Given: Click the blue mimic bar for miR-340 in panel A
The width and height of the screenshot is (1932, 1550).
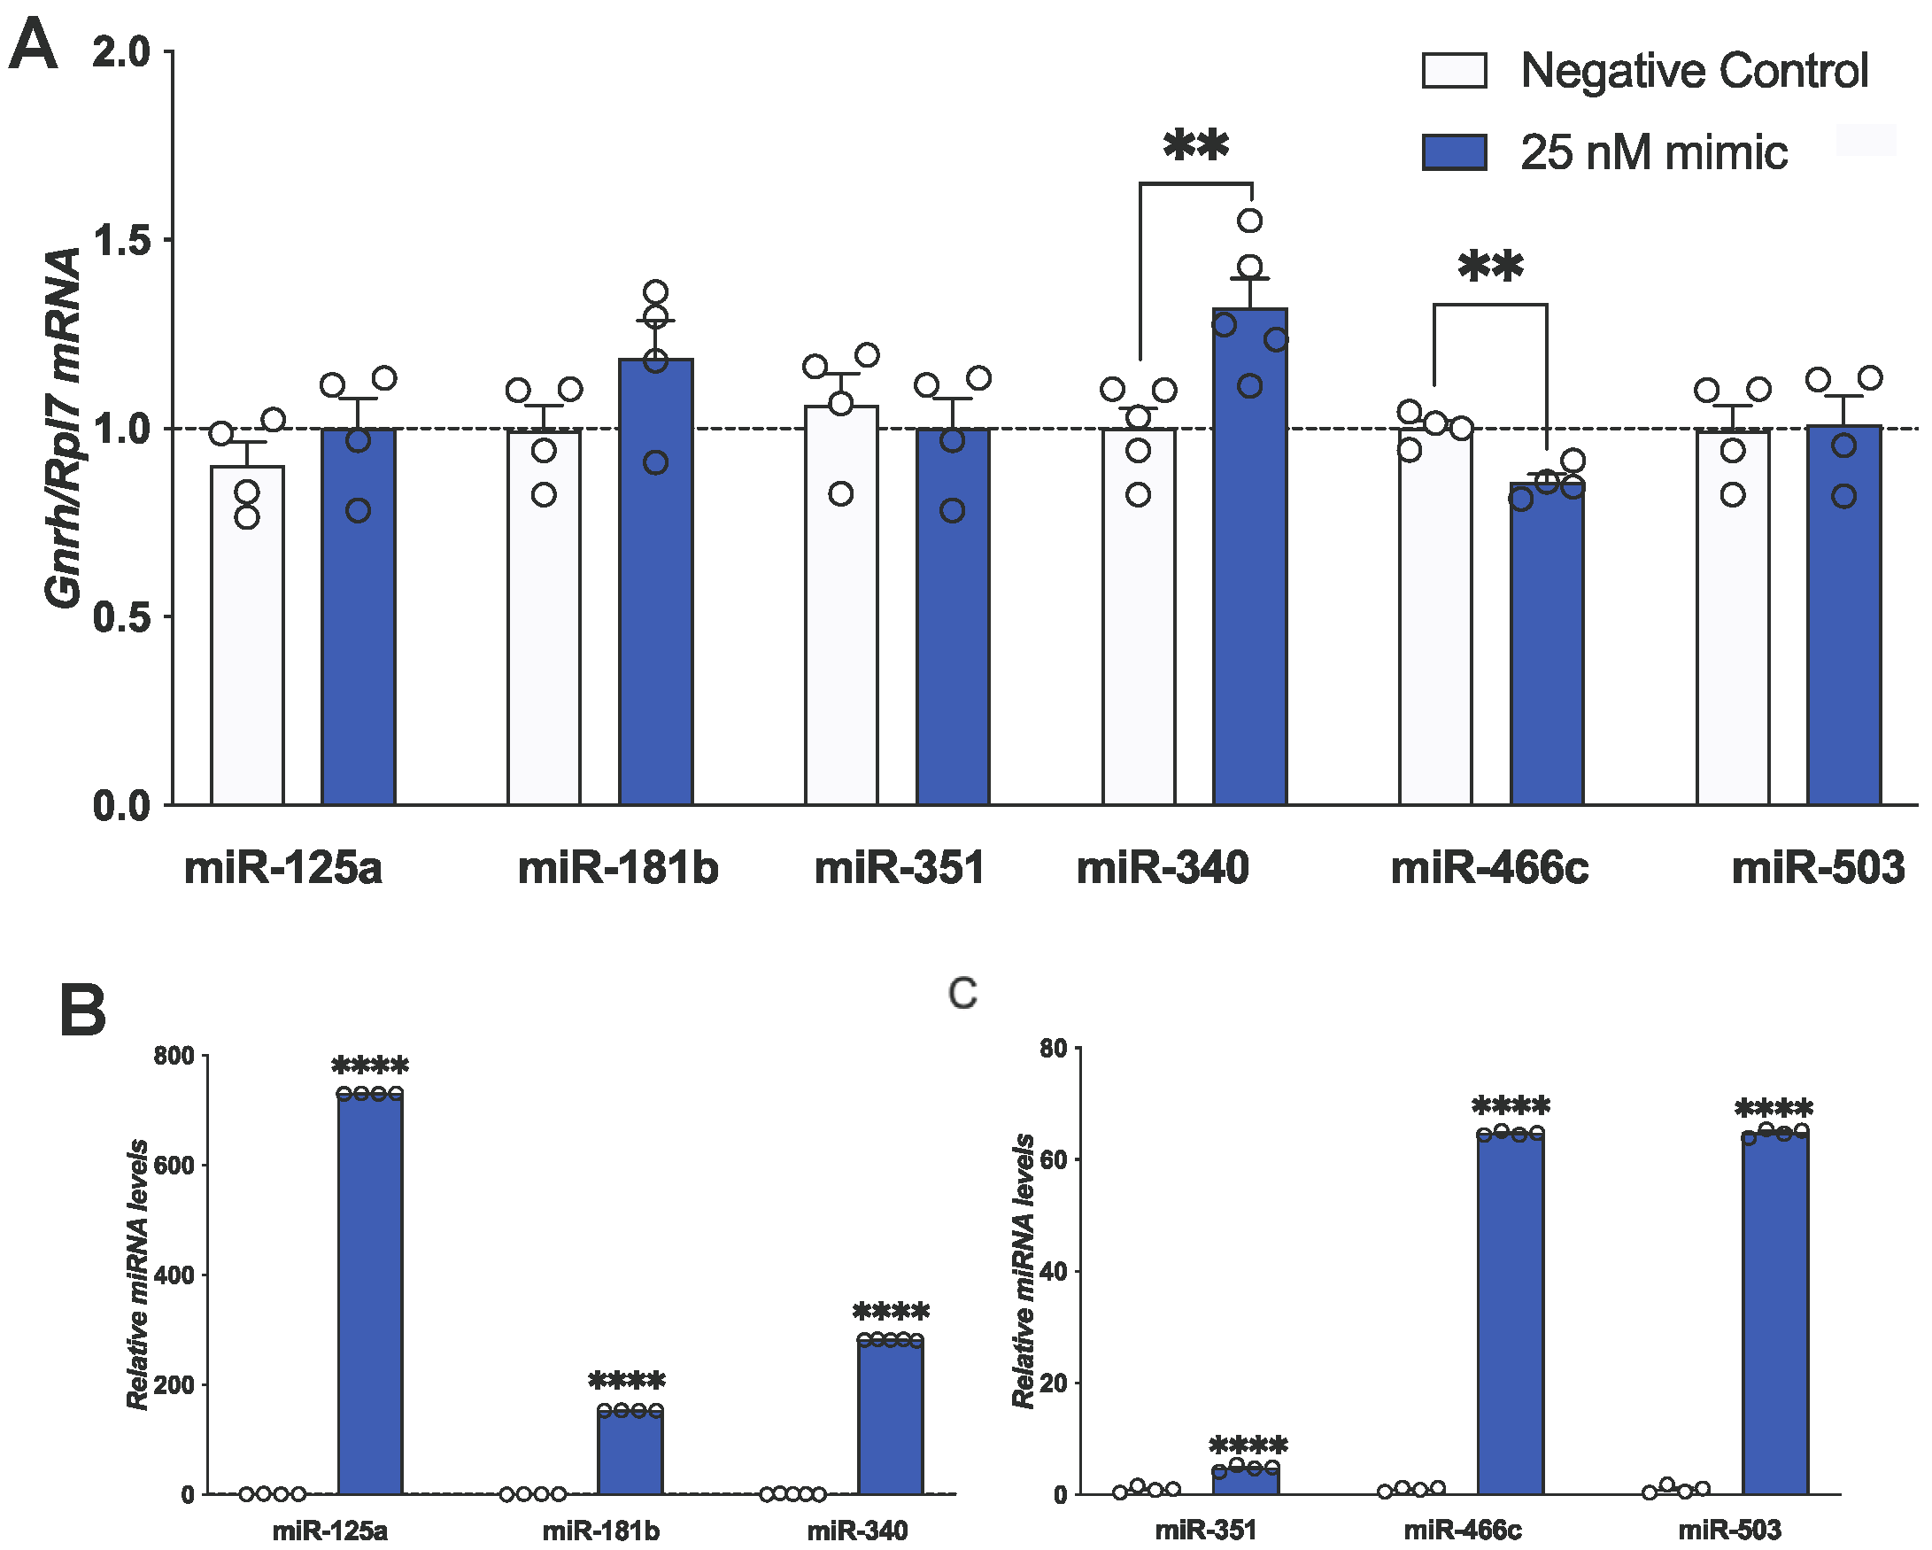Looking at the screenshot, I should (x=1249, y=556).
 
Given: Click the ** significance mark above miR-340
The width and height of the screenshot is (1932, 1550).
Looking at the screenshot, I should (x=1195, y=146).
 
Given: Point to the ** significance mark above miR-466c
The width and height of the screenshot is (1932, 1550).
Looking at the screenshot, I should (x=1489, y=267).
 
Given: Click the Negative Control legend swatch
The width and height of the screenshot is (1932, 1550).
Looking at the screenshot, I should (x=1454, y=70).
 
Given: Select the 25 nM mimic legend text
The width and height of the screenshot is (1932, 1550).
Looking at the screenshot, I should (x=1653, y=152).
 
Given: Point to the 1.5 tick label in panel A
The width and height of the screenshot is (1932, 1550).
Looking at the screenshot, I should (x=122, y=240).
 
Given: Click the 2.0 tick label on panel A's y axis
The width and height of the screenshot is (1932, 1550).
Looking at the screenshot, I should (x=122, y=53).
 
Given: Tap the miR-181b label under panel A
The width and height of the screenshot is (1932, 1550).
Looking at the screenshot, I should (x=617, y=868).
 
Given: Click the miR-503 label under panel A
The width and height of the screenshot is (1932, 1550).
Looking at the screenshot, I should (x=1817, y=868).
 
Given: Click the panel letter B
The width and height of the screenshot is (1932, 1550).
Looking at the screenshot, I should (x=82, y=1011).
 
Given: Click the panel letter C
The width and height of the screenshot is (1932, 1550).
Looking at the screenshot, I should (x=962, y=993).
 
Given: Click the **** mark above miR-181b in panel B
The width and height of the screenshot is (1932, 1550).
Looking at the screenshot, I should (x=626, y=1382).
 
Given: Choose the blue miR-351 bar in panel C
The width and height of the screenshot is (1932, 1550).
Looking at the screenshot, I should (x=1245, y=1480).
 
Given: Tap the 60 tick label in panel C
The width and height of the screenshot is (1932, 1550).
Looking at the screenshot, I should (x=1053, y=1160).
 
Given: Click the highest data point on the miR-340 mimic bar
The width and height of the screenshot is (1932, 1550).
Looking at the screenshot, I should (x=1249, y=221).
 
